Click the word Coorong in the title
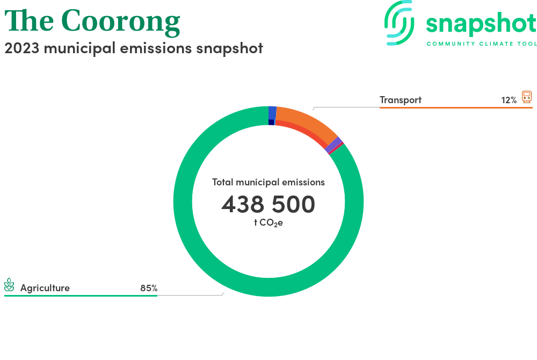[120, 22]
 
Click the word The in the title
[29, 20]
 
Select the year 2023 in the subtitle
[22, 48]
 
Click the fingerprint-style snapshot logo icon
[399, 23]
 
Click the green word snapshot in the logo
[481, 24]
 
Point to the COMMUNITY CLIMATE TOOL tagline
[482, 44]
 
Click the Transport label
[401, 100]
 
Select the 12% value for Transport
[509, 100]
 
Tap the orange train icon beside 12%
[527, 97]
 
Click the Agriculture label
[45, 288]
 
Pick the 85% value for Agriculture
[149, 288]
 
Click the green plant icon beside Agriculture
[9, 285]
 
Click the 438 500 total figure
[268, 204]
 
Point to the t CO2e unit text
[268, 223]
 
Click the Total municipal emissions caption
[268, 182]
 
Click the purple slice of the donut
[333, 145]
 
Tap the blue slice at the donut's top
[272, 113]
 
